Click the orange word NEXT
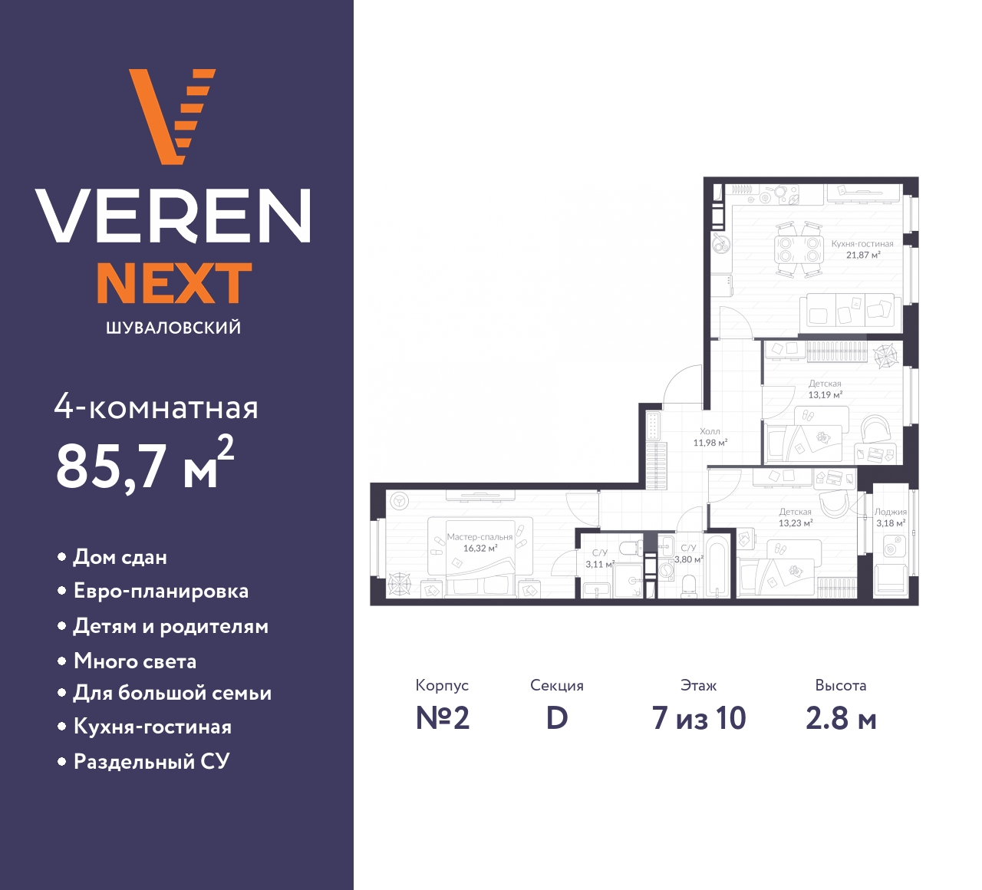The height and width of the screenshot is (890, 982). coord(175,283)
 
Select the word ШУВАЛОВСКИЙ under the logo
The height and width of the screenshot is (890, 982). coord(174,328)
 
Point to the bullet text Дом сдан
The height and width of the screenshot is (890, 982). coord(120,557)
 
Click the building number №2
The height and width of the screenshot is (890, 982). coord(443,718)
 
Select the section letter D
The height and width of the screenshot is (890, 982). coord(557,718)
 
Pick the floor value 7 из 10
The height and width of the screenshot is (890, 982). coord(699,718)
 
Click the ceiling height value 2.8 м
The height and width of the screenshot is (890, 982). coord(841,718)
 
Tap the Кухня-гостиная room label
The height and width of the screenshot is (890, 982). coord(862,243)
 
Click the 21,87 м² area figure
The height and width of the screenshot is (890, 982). coord(864,255)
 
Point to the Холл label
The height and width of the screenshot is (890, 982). coord(710,431)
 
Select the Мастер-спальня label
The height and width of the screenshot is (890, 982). coord(479,536)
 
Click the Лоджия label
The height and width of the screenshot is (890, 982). coord(891,512)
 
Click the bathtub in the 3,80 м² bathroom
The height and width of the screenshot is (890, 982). coord(718,566)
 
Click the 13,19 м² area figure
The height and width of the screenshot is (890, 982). coord(825,394)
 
